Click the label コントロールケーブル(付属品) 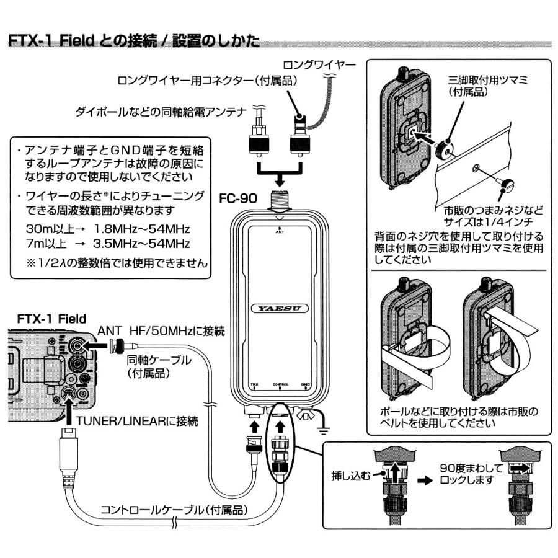pos(175,510)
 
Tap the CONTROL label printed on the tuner pos(280,384)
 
